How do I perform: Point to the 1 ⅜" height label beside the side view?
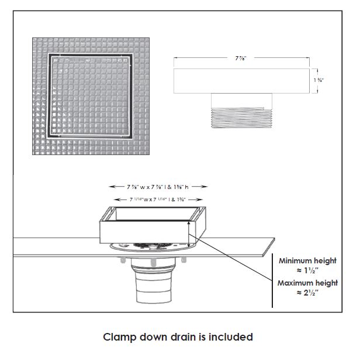320,80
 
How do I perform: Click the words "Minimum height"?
307,261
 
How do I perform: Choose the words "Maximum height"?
307,283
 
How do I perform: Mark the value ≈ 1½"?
307,270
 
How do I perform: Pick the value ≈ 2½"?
307,293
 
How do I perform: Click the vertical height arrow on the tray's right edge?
188,233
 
